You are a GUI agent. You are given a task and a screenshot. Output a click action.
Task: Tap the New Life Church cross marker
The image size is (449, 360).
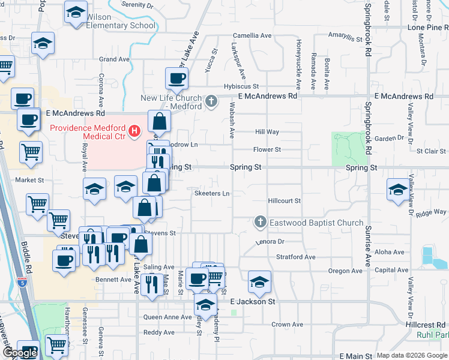pyautogui.click(x=211, y=101)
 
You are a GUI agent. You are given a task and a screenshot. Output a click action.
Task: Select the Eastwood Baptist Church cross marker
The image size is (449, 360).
pyautogui.click(x=260, y=223)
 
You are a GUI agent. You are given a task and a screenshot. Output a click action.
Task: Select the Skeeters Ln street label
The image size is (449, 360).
pyautogui.click(x=212, y=194)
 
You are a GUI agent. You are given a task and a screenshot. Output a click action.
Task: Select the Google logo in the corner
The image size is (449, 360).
pyautogui.click(x=20, y=353)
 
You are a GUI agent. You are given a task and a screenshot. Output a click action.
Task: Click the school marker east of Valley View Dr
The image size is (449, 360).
pyautogui.click(x=397, y=190)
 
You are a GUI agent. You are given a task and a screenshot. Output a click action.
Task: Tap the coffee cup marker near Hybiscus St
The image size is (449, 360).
pyautogui.click(x=177, y=77)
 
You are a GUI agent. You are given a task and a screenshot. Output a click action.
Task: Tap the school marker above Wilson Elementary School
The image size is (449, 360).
pyautogui.click(x=76, y=13)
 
